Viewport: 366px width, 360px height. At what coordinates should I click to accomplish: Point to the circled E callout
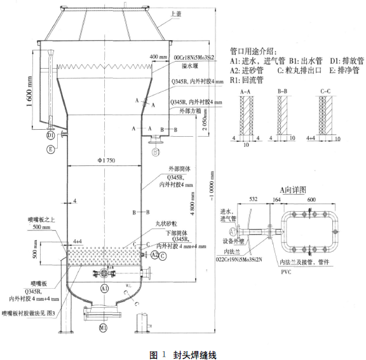pyautogui.click(x=50, y=150)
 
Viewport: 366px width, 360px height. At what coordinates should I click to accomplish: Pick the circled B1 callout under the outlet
pyautogui.click(x=156, y=151)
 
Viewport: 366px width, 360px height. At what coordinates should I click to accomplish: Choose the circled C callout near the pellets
pyautogui.click(x=163, y=256)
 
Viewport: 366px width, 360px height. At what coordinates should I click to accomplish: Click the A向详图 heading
pyautogui.click(x=294, y=190)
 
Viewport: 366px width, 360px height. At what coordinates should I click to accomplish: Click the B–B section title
pyautogui.click(x=282, y=92)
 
